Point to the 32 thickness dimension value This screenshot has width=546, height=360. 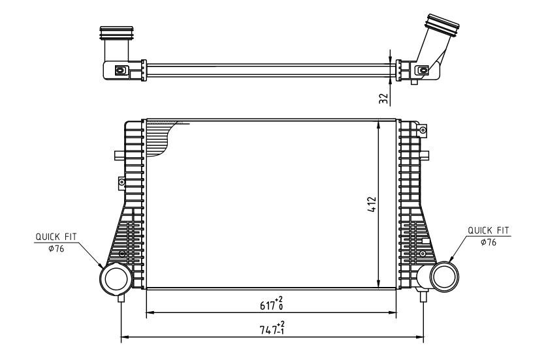pos(384,98)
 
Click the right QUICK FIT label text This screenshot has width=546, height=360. pos(489,230)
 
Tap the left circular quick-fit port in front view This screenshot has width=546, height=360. pos(112,279)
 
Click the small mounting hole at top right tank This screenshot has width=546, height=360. pos(423,130)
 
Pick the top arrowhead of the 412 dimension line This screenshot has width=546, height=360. pos(379,124)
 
